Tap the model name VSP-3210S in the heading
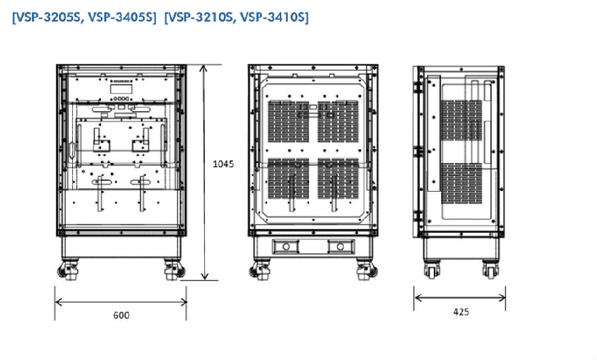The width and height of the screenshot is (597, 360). (200, 17)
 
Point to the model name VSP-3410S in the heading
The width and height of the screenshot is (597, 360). (273, 17)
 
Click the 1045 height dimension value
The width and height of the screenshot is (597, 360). (223, 164)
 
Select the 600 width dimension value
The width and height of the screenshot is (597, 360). (121, 315)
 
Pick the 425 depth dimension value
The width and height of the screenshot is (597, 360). (461, 312)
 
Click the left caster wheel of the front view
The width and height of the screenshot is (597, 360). (68, 270)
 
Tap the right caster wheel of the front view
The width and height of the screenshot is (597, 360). (174, 270)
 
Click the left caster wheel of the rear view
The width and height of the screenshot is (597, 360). (259, 270)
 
